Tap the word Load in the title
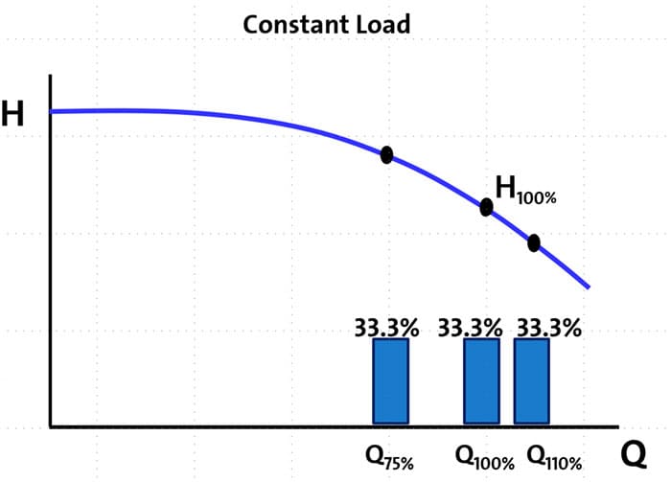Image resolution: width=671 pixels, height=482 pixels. click(382, 24)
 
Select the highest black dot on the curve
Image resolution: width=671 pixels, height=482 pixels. click(386, 155)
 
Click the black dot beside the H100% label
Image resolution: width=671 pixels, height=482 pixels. click(486, 207)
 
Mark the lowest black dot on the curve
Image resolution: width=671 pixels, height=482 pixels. click(534, 243)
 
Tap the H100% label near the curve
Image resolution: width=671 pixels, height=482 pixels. click(525, 189)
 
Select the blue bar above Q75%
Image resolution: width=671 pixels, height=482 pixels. click(390, 380)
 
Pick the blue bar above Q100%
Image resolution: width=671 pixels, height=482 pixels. click(481, 380)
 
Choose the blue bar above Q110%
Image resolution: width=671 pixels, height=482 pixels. click(532, 380)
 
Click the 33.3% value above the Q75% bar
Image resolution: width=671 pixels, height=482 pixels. click(386, 327)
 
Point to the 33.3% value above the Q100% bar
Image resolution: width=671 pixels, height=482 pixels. click(470, 327)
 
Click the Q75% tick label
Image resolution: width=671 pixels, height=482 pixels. click(389, 456)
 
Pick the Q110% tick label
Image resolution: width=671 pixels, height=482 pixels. click(554, 456)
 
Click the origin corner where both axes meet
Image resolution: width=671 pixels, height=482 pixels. click(51, 426)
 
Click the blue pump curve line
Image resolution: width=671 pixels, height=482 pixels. click(240, 118)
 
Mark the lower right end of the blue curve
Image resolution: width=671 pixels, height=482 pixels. click(588, 287)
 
